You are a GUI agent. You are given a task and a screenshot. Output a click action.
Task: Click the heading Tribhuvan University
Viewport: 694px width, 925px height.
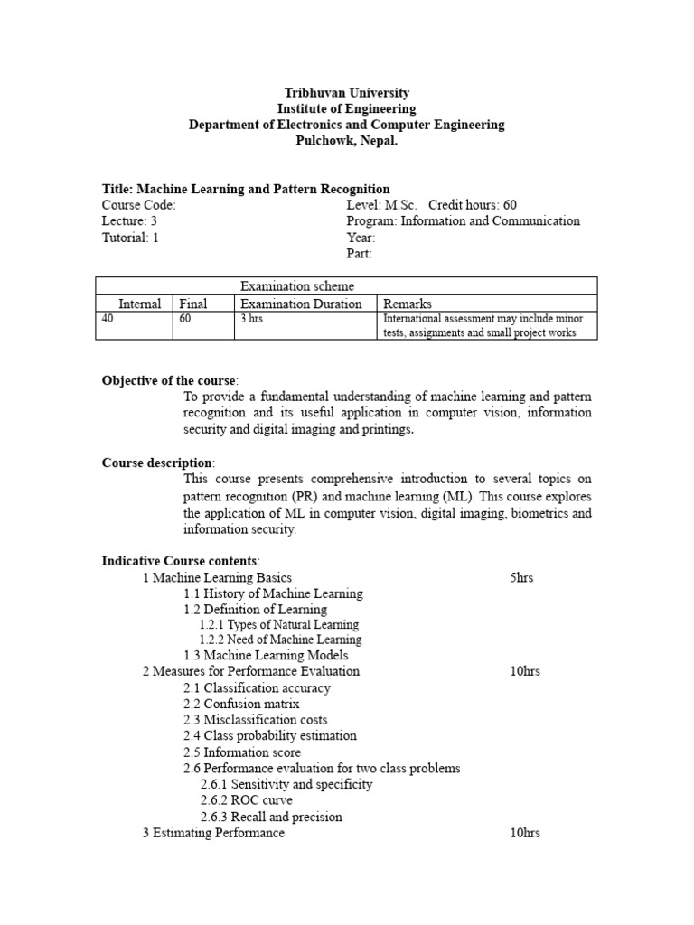[x=346, y=93]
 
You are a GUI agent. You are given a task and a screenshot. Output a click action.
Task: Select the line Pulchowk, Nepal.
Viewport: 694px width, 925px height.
[x=346, y=140]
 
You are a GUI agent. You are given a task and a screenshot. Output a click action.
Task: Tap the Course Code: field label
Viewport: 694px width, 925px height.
[x=139, y=205]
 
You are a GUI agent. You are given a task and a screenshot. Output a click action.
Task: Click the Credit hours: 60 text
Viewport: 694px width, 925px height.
[x=473, y=205]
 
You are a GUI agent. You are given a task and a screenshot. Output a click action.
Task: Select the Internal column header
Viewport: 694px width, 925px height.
[x=140, y=304]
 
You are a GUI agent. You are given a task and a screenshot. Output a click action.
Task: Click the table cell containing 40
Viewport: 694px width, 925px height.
[x=109, y=319]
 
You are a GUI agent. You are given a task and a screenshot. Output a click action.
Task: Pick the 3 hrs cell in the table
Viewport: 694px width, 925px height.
[x=251, y=319]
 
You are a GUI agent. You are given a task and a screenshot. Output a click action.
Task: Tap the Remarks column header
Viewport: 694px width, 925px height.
[x=408, y=304]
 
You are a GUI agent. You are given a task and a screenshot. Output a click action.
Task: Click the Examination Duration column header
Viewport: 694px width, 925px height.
[x=301, y=304]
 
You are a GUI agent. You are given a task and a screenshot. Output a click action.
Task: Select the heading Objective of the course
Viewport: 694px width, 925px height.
[x=169, y=380]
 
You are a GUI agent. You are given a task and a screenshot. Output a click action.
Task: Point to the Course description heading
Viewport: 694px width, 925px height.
[x=157, y=462]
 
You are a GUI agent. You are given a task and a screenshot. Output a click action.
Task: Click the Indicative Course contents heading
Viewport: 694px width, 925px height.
[x=180, y=561]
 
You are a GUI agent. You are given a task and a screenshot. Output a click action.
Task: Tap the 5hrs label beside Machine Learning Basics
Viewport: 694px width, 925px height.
[x=521, y=577]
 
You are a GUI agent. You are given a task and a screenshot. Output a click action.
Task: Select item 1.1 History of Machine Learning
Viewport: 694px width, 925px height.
[x=273, y=593]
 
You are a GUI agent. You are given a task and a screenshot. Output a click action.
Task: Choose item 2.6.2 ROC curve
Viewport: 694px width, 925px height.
[x=246, y=800]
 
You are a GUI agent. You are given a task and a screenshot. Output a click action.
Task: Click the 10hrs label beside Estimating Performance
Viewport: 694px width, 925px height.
[x=525, y=833]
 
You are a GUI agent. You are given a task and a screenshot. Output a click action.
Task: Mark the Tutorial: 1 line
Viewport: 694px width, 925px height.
[x=130, y=238]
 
